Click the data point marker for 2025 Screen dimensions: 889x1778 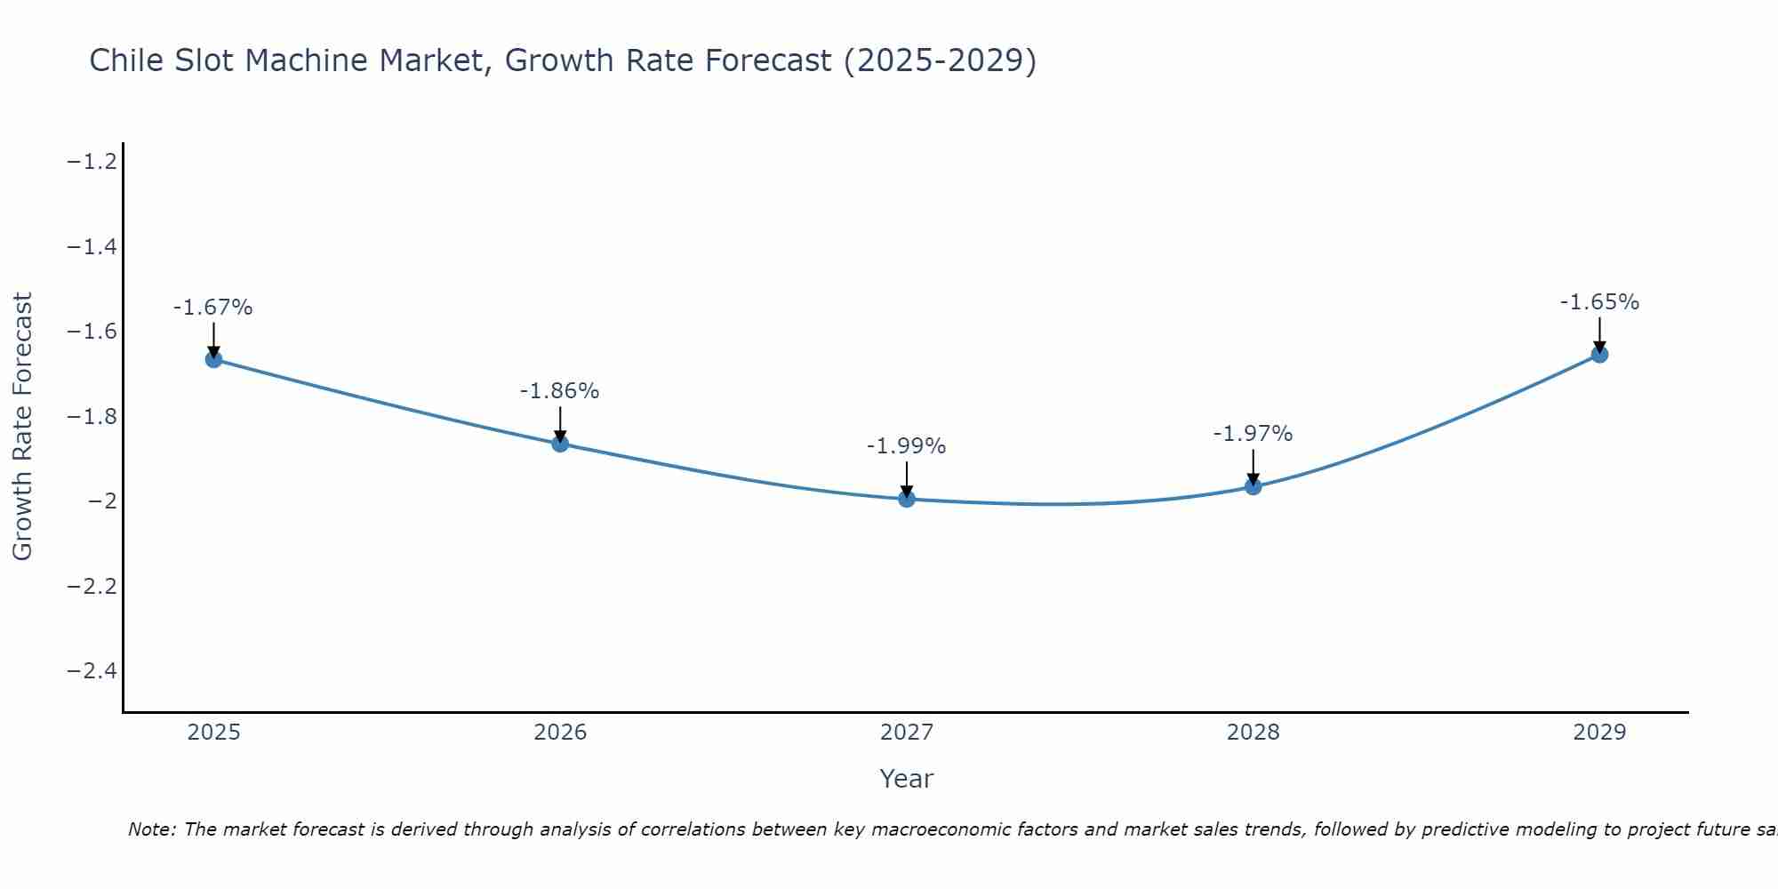click(213, 359)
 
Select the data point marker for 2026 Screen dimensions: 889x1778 click(560, 443)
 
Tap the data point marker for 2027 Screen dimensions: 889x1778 click(907, 499)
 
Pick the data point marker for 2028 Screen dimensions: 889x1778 click(1253, 486)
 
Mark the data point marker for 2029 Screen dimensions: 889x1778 click(1599, 354)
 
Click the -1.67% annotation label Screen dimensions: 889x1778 click(212, 308)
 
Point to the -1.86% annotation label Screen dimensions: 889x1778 click(559, 391)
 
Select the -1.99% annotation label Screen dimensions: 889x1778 click(906, 446)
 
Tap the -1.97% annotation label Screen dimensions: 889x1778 click(1253, 434)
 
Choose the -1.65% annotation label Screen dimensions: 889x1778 click(1599, 302)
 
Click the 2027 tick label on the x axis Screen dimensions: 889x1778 click(907, 733)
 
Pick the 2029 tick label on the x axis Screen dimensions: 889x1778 click(1599, 733)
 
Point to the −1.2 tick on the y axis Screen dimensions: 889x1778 click(92, 162)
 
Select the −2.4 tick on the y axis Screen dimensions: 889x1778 click(92, 670)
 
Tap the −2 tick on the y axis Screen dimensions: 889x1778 click(102, 501)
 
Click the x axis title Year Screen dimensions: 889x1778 click(906, 779)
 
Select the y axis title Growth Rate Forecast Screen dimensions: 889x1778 click(22, 427)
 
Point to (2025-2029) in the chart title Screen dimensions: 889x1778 click(939, 60)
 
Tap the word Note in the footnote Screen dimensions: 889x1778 click(151, 829)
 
